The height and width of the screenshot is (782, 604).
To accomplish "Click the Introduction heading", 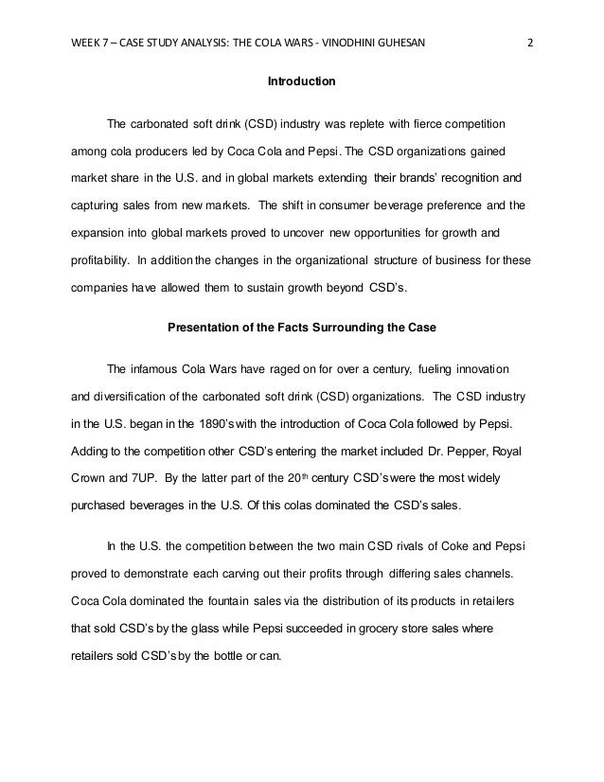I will [x=302, y=83].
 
